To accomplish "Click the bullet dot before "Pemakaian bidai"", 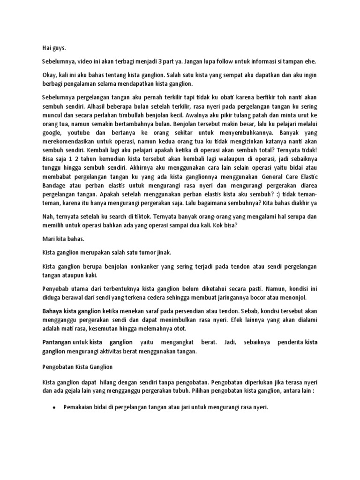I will coord(55,408).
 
